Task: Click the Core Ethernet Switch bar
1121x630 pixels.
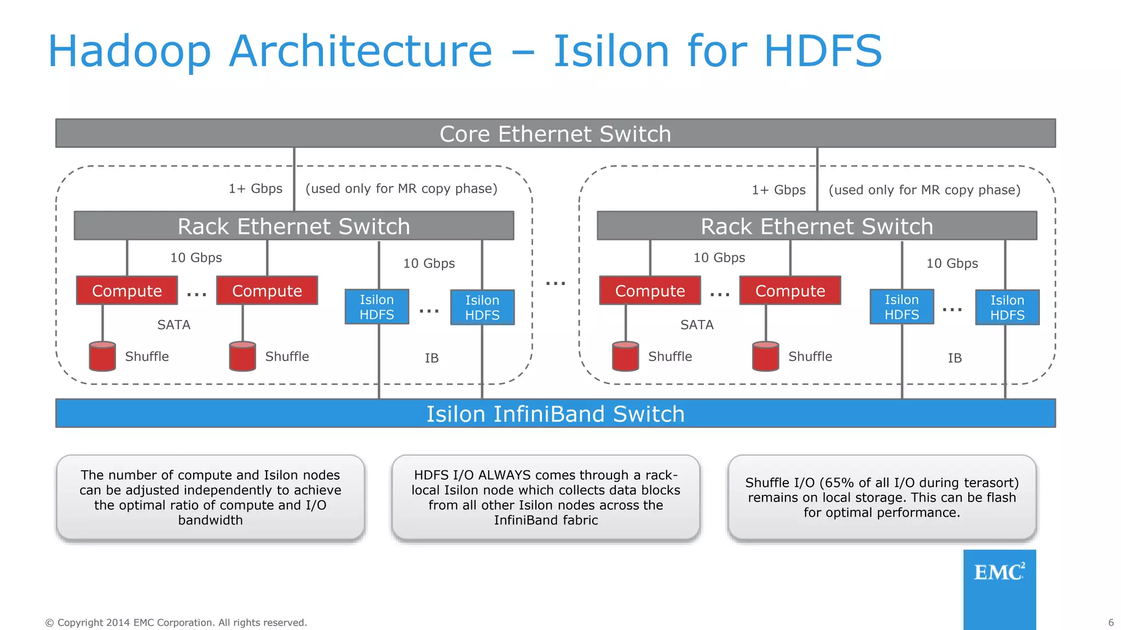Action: coord(555,133)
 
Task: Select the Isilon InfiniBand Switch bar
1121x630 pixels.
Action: coord(555,413)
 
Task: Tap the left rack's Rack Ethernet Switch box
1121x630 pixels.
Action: coord(294,226)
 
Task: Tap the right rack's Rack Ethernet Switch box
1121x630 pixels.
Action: coord(817,226)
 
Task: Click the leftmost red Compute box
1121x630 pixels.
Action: coord(127,290)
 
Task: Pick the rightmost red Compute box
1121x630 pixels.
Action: coord(790,290)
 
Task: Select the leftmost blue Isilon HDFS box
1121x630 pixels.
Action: coord(377,307)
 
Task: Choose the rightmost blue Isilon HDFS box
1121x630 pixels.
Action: coord(1007,307)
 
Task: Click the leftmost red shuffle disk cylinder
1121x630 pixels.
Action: coord(102,357)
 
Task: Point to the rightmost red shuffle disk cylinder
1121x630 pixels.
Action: coord(765,357)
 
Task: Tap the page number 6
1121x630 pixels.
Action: coord(1111,622)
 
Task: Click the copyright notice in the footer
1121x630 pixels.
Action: coord(176,622)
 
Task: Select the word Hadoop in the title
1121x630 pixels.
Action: coord(129,51)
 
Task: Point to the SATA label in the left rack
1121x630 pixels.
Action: coord(174,325)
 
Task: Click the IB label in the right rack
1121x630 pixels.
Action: coord(955,358)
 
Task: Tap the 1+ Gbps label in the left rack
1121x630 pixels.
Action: coord(255,189)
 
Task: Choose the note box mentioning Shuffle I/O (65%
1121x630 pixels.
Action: coord(882,497)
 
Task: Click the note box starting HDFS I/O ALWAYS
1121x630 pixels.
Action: coord(546,497)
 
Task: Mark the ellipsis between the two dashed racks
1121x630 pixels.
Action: coord(556,283)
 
